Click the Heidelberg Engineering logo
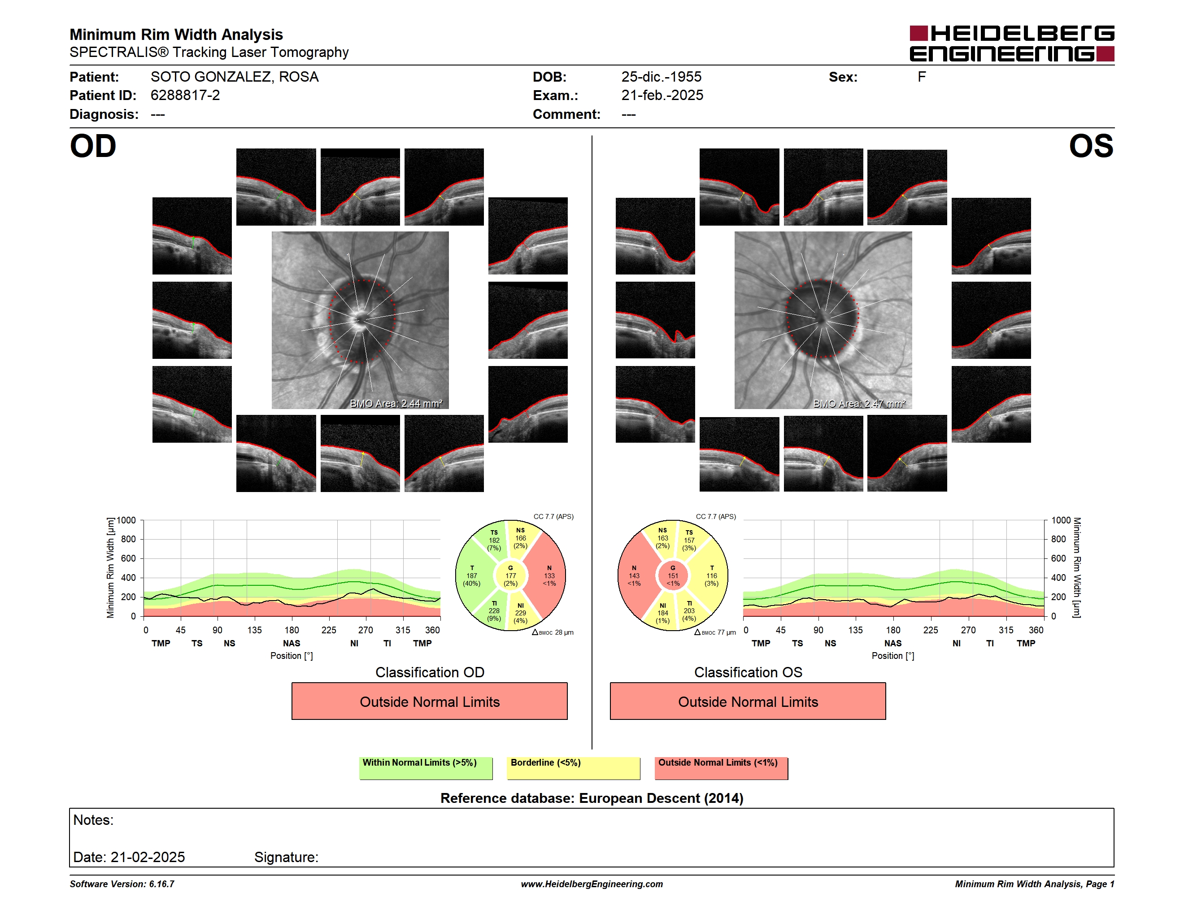[x=1012, y=44]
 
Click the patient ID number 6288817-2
[x=185, y=96]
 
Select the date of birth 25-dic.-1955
[x=661, y=77]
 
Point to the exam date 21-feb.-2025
[x=662, y=96]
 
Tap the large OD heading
[x=93, y=146]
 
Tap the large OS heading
[x=1091, y=146]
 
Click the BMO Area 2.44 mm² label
[x=396, y=403]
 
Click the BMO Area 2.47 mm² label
[x=859, y=403]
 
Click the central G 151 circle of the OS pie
[x=673, y=575]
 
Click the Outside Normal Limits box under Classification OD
[x=429, y=701]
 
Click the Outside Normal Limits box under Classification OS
[x=748, y=701]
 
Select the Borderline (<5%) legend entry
[x=573, y=768]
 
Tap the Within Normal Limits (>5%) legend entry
[x=426, y=768]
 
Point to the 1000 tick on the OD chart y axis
[x=126, y=520]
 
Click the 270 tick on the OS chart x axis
[x=968, y=630]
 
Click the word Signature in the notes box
[x=286, y=857]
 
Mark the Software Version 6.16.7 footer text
[x=122, y=884]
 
